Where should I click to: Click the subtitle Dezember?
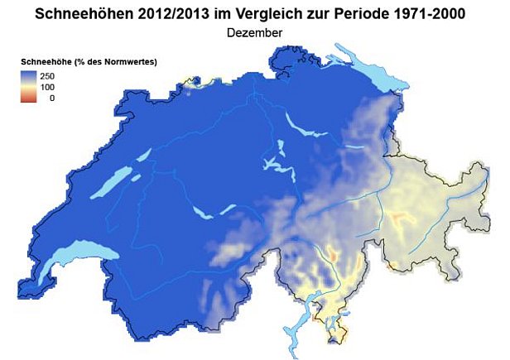[255, 32]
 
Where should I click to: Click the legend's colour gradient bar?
[28, 87]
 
